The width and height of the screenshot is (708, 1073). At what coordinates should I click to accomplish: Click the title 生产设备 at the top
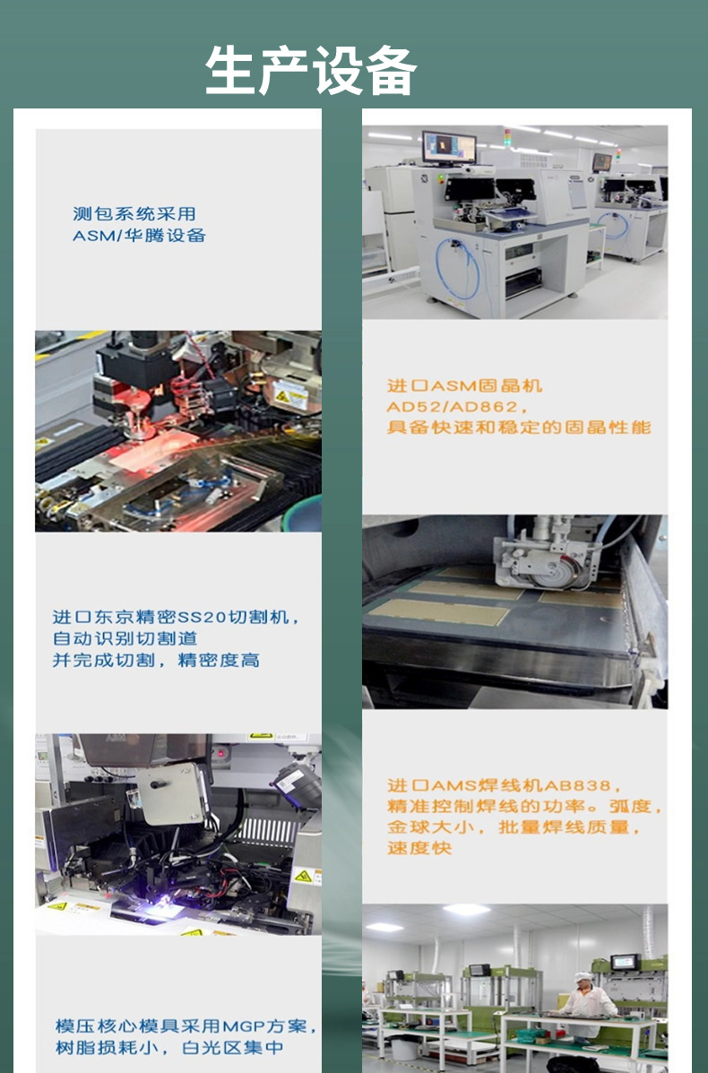310,71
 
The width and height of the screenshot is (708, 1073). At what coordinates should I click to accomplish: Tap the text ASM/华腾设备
139,236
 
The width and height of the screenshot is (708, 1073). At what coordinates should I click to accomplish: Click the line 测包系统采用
134,214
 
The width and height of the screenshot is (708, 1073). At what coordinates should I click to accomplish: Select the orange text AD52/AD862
452,407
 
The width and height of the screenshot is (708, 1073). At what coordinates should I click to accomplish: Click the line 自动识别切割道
125,639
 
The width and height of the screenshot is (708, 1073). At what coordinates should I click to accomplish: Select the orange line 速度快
419,848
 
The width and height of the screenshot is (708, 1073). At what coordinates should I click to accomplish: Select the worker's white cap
583,976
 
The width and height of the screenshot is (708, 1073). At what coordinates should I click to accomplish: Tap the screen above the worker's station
623,963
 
